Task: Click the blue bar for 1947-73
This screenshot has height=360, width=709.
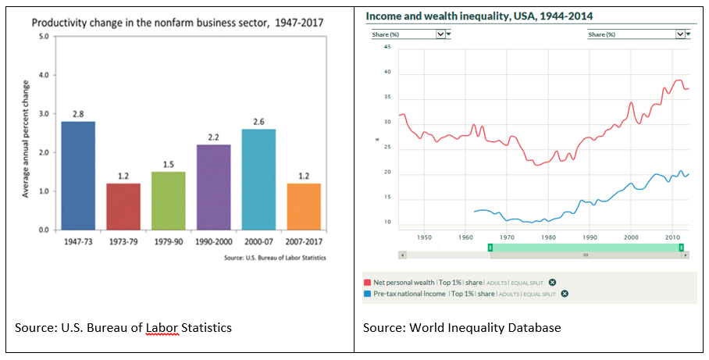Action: [78, 176]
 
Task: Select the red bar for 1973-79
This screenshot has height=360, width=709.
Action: [123, 207]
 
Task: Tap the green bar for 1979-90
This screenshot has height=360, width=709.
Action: [169, 201]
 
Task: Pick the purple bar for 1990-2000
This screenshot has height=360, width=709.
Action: [213, 187]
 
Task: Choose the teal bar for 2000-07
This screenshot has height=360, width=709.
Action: [258, 180]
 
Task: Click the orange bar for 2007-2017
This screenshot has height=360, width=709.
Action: [304, 207]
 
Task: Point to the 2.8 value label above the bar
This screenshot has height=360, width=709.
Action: [78, 114]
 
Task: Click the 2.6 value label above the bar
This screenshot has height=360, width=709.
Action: [258, 122]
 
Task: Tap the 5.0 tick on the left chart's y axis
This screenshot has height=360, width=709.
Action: [43, 37]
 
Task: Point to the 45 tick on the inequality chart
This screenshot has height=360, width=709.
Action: [387, 47]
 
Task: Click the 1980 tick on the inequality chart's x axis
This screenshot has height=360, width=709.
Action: [549, 237]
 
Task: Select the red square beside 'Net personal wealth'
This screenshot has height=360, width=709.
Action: [368, 282]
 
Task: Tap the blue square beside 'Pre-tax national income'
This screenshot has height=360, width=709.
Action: [368, 294]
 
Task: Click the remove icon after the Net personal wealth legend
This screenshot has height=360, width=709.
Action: [552, 282]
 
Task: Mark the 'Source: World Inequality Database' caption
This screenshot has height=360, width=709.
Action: [462, 328]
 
